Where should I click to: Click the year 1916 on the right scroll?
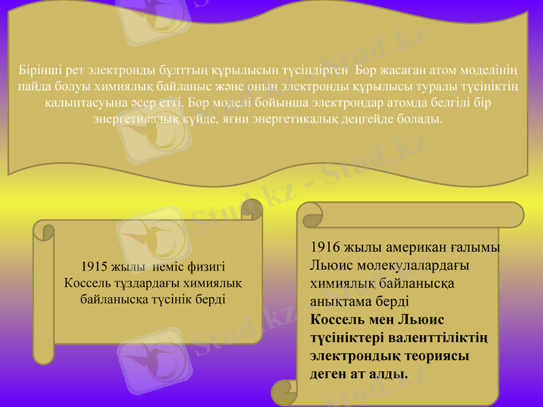(x=325, y=248)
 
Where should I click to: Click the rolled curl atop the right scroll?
(x=313, y=216)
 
